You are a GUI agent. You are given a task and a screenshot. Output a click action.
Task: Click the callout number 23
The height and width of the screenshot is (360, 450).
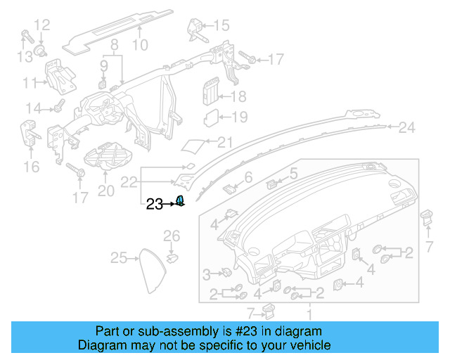pos(154,205)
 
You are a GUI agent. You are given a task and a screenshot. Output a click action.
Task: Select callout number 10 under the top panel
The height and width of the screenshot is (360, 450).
pos(140,45)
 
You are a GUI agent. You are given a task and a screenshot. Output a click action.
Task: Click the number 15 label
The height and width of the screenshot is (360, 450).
pos(221,26)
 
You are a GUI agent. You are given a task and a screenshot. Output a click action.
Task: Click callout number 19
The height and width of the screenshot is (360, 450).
pos(239,117)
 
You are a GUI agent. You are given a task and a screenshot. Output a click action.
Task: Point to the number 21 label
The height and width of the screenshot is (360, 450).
pos(224,143)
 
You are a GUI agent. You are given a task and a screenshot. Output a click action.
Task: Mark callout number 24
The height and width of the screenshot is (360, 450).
pos(407,127)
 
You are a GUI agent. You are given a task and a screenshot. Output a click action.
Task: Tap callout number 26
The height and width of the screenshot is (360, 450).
pos(172,235)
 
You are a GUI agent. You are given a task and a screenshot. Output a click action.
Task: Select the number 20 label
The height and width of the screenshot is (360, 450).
pos(105,191)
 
